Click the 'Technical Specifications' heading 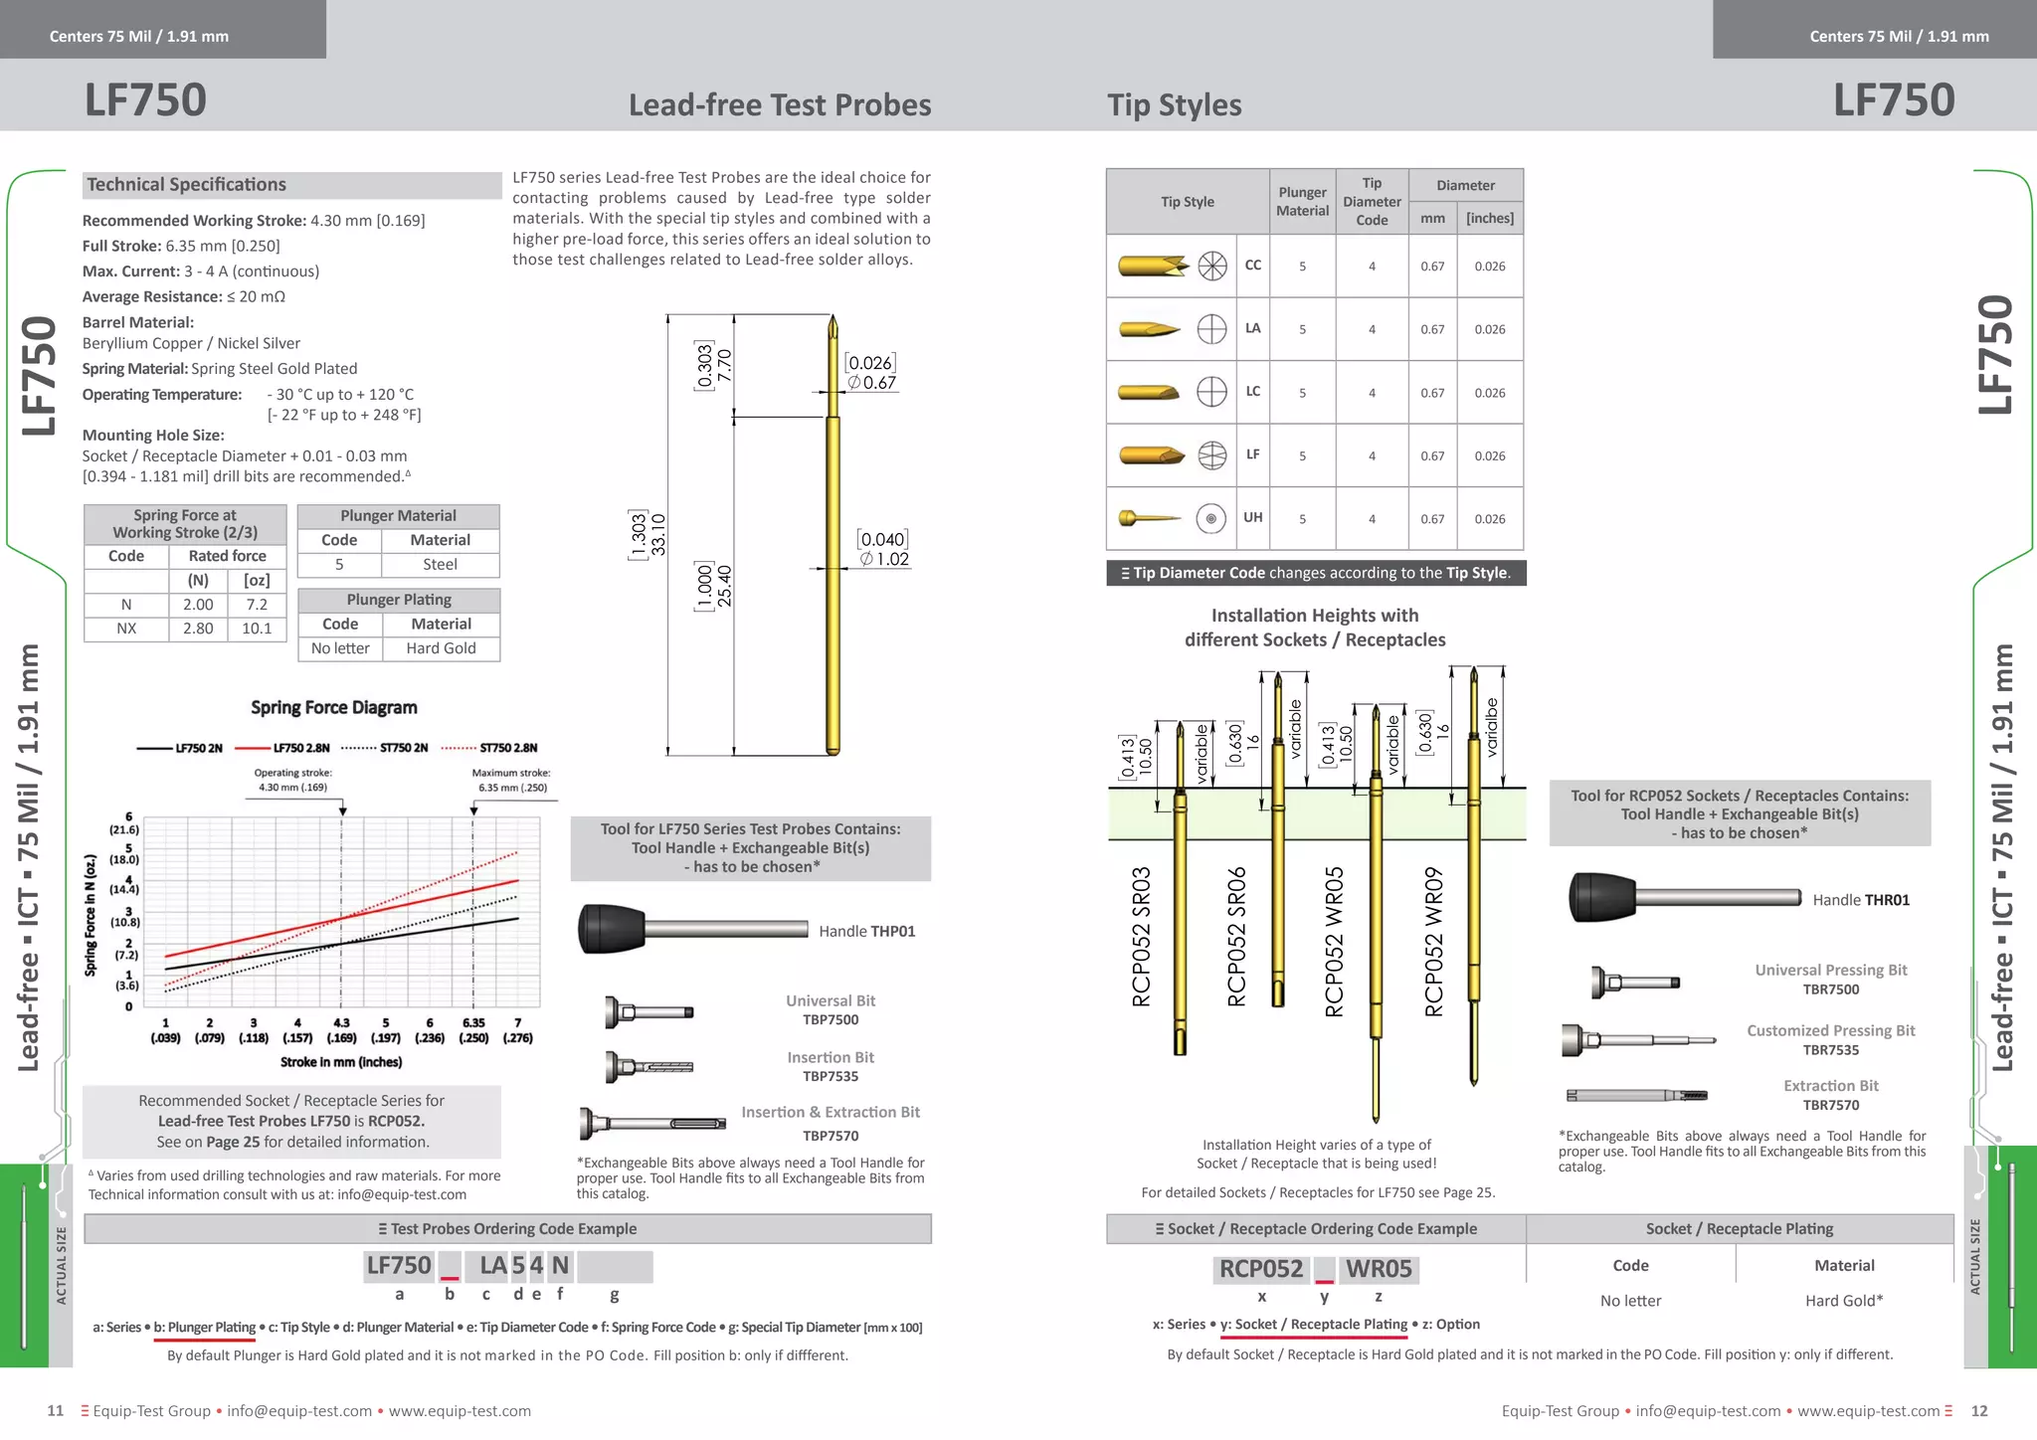(187, 185)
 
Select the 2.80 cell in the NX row (198, 629)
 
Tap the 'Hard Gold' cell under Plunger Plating (441, 648)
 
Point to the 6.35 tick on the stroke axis (473, 1023)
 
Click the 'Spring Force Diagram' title (333, 707)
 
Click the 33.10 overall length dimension (658, 535)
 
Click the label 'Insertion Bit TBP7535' (831, 1066)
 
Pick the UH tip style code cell (1252, 518)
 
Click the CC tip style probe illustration (1154, 266)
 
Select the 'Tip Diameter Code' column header (1372, 202)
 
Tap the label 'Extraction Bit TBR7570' (1830, 1095)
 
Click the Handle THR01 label (1861, 900)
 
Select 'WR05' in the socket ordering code (1379, 1269)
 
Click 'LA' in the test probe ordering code (493, 1266)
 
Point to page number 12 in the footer (1979, 1411)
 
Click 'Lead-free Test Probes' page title (780, 105)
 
